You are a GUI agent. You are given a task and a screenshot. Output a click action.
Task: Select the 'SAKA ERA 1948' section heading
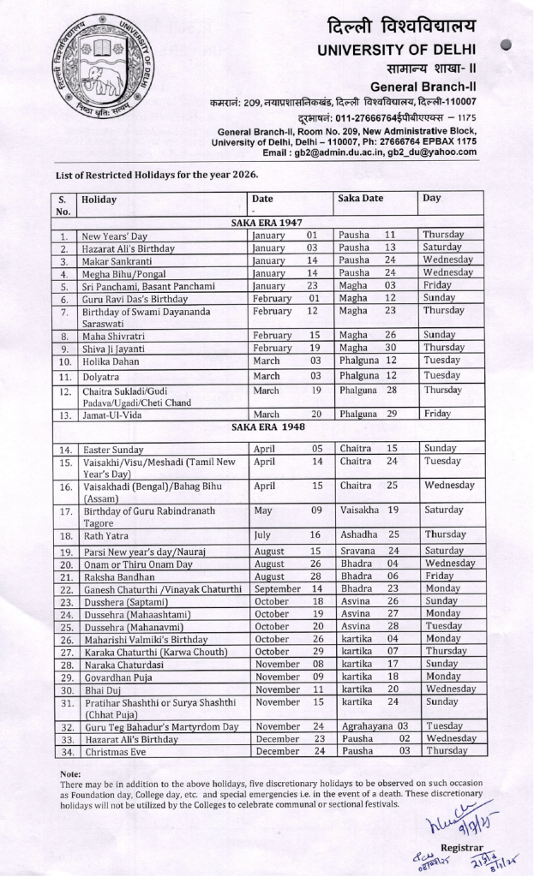pos(268,427)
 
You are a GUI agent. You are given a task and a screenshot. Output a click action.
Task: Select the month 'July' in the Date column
pos(263,534)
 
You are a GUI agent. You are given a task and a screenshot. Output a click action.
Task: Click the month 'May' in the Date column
pos(263,511)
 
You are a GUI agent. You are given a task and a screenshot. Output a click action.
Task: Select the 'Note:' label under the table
pos(70,773)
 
